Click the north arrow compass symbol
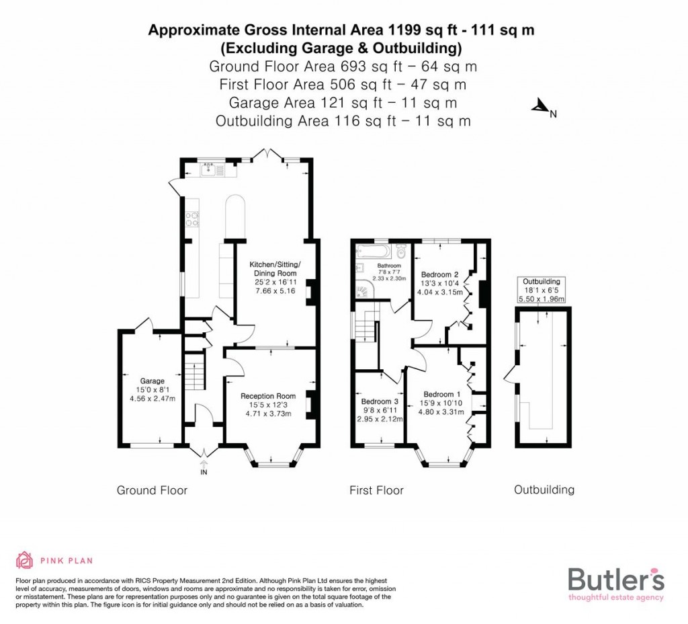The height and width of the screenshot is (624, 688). coord(539,106)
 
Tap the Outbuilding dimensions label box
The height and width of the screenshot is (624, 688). coord(542,290)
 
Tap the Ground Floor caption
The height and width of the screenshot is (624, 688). coord(152,490)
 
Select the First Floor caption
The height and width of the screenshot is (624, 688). coord(376,490)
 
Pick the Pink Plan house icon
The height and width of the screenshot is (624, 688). coord(25,560)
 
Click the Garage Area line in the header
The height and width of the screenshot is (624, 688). coord(343,103)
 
